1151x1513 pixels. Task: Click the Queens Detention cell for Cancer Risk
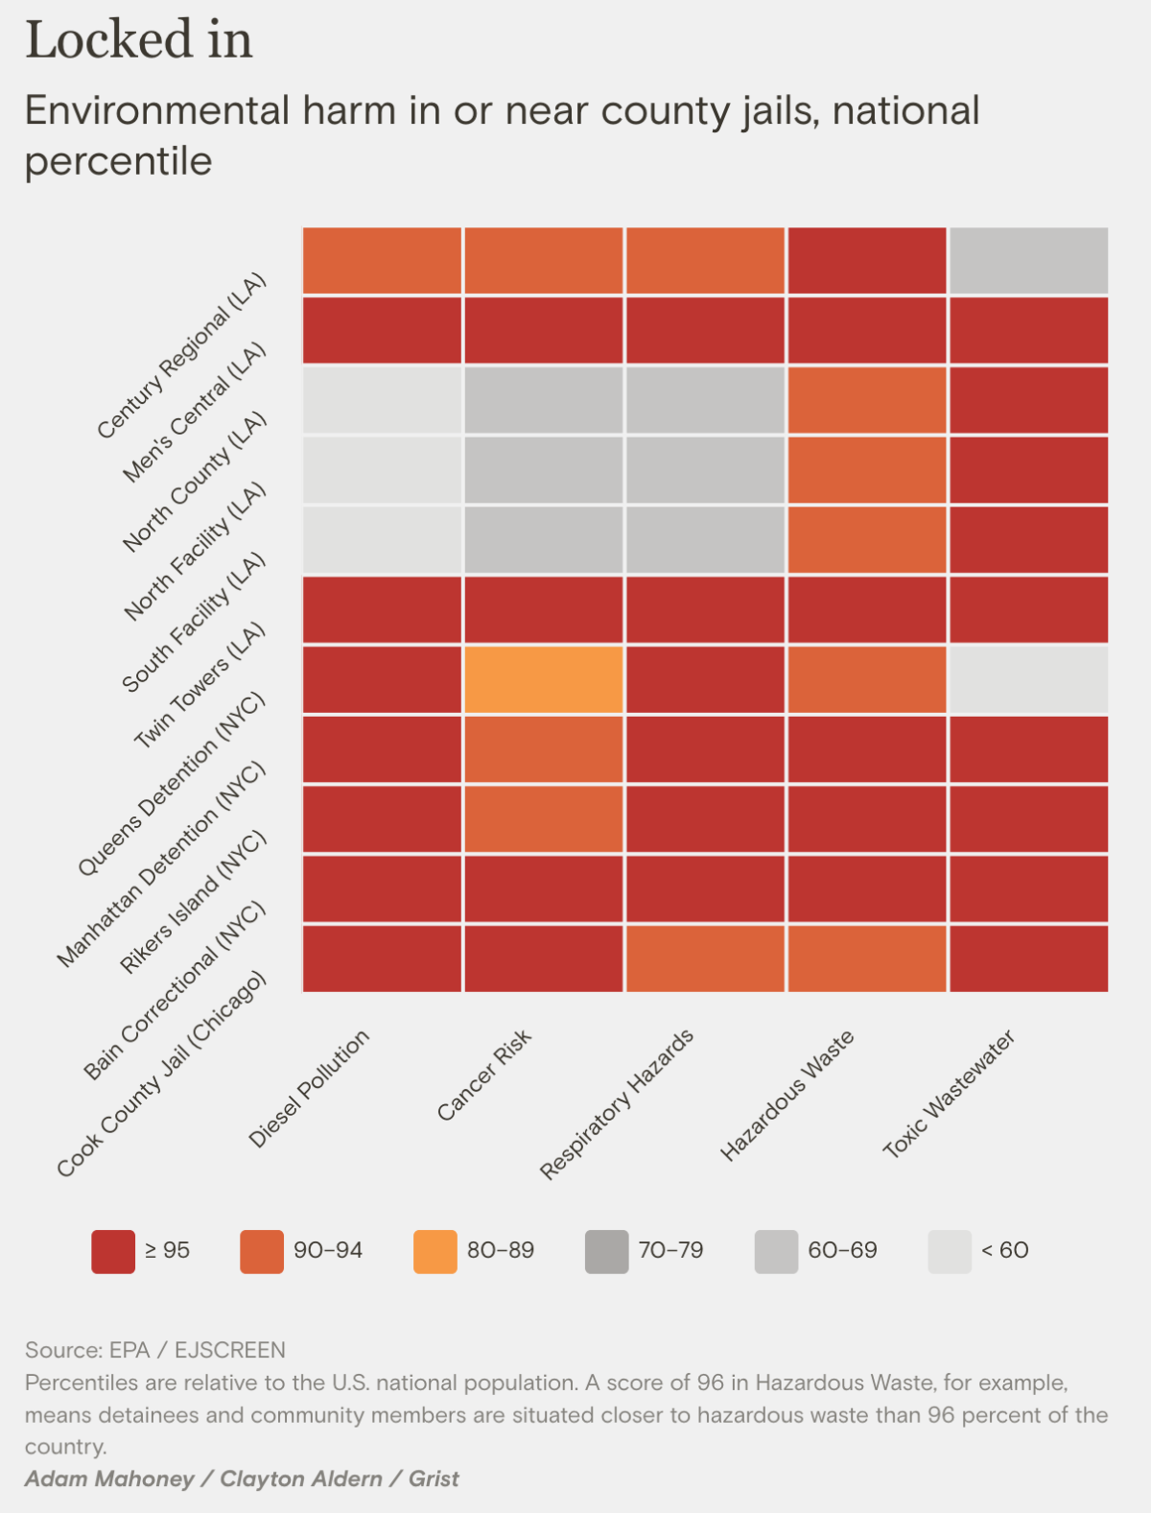coord(543,679)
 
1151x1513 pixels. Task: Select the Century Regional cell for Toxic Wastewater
coord(1028,260)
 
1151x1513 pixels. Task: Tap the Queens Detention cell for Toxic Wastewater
coord(1028,679)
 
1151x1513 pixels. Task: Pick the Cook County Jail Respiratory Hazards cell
coord(705,958)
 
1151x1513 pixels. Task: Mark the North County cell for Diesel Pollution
coord(382,400)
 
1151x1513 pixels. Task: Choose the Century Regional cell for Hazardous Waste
coord(866,260)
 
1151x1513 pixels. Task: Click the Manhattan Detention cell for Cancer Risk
coord(543,749)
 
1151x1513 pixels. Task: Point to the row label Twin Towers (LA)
coord(199,685)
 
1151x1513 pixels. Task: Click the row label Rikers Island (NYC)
coord(192,903)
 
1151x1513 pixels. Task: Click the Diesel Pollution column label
coord(308,1089)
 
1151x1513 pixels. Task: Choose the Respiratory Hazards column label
coord(616,1104)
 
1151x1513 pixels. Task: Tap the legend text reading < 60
coord(1004,1250)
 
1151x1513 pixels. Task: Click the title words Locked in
coord(139,40)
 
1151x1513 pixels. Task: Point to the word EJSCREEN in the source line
coord(229,1350)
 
